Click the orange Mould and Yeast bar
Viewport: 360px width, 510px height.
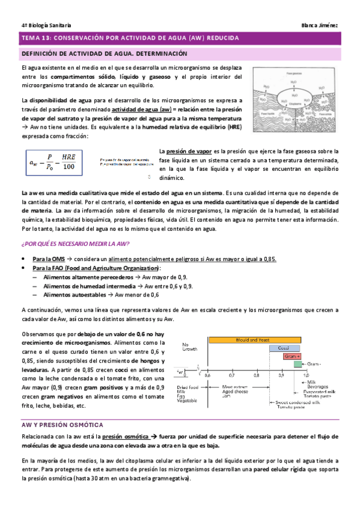point(260,340)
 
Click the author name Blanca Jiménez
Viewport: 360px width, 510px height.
point(320,24)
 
